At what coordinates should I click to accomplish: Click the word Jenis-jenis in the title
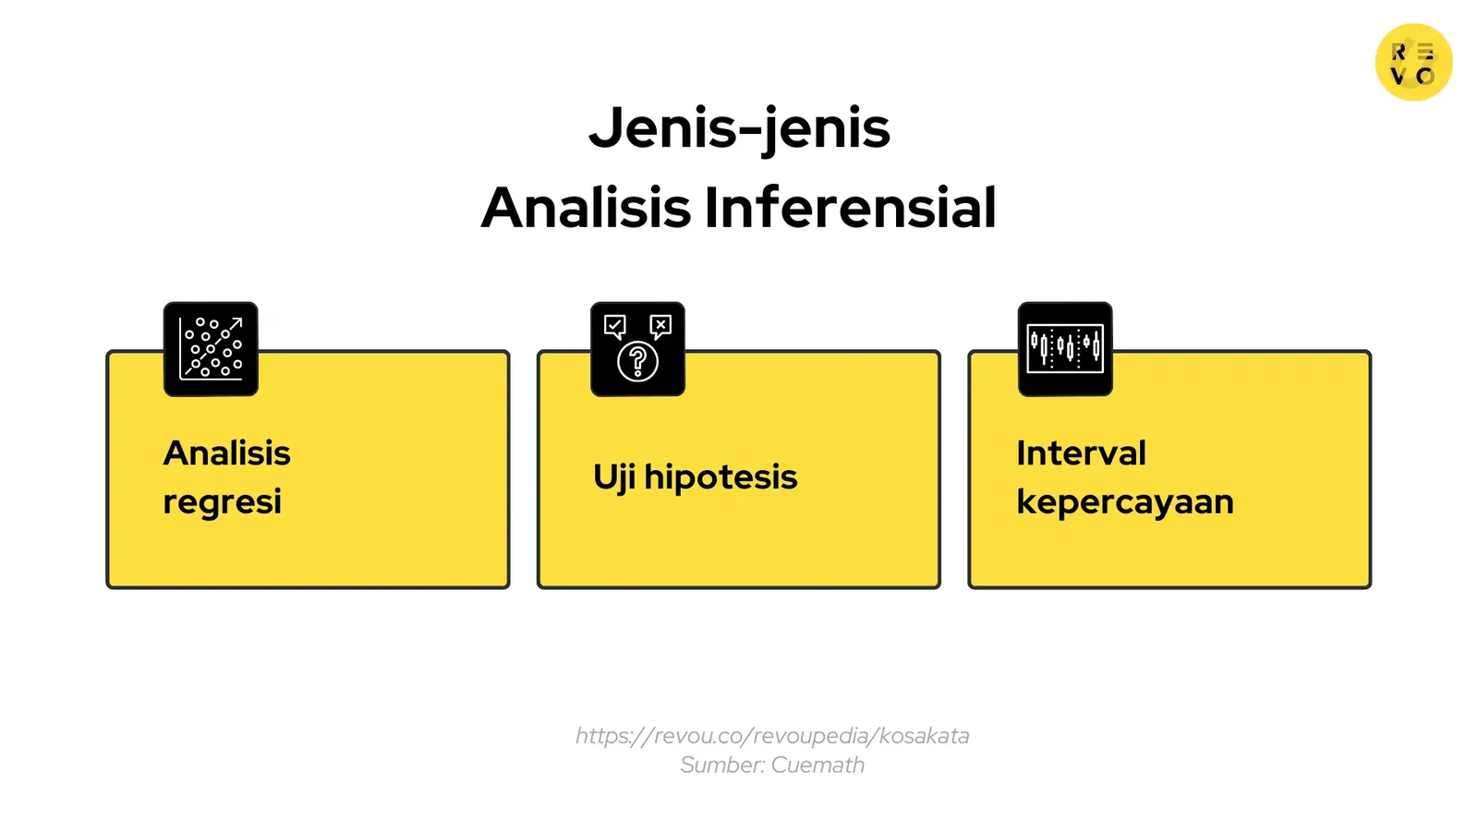(739, 127)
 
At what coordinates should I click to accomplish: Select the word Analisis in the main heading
(586, 208)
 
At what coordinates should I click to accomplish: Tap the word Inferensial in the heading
(850, 208)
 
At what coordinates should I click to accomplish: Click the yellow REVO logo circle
(1413, 62)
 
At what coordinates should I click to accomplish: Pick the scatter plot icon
(211, 349)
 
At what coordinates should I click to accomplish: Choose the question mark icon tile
(637, 349)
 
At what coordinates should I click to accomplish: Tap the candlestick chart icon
(1065, 349)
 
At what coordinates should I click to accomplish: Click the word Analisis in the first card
(226, 453)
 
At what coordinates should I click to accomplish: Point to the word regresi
(222, 502)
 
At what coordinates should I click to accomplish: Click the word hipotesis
(721, 477)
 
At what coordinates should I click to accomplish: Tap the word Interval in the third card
(1081, 453)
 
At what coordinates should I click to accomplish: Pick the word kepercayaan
(1125, 502)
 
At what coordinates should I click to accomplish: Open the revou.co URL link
(772, 736)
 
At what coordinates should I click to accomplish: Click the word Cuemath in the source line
(818, 765)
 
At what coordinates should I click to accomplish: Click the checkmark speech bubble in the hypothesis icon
(614, 326)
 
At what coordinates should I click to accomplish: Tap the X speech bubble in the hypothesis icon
(660, 325)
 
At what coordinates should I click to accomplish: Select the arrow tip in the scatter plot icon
(238, 321)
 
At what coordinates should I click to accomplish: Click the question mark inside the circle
(637, 361)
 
